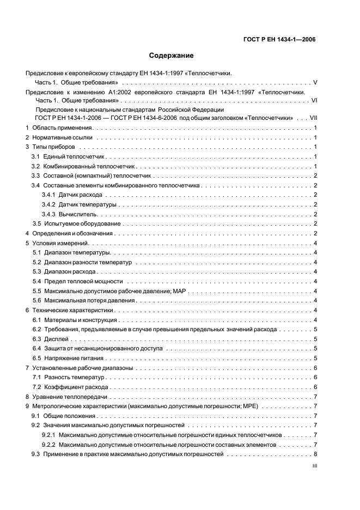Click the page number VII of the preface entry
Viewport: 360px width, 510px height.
313,118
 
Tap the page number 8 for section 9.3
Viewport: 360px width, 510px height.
315,454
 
